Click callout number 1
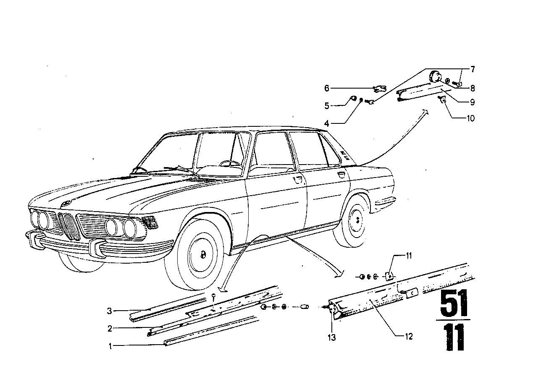pos(110,346)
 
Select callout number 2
pos(110,329)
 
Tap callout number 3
pos(110,311)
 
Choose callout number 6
pos(327,88)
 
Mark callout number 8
pos(473,88)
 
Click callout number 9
pos(473,102)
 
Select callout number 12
pos(409,336)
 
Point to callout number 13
pos(332,337)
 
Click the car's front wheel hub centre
pos(202,254)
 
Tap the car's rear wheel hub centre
pos(357,219)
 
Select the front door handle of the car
pos(298,180)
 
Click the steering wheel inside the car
pos(230,163)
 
